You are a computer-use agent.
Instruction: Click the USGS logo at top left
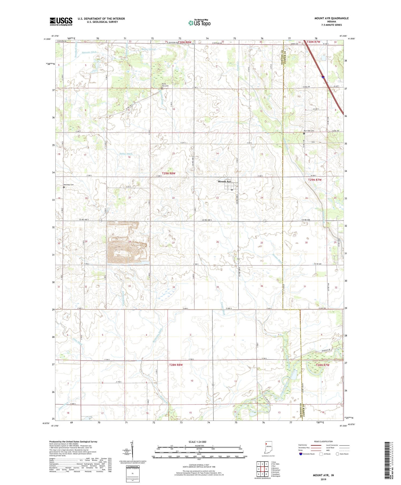point(61,21)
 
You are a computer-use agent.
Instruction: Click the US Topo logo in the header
point(199,23)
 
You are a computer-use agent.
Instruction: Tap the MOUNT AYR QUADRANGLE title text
point(331,18)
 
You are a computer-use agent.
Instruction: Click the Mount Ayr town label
point(224,182)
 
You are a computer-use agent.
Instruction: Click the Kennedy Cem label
point(68,185)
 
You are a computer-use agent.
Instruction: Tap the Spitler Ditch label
point(126,154)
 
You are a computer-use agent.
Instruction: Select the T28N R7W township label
point(322,365)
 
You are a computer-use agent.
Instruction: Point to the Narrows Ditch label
point(89,52)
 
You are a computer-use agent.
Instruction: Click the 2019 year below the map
point(323,479)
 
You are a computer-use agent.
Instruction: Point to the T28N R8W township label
point(176,365)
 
